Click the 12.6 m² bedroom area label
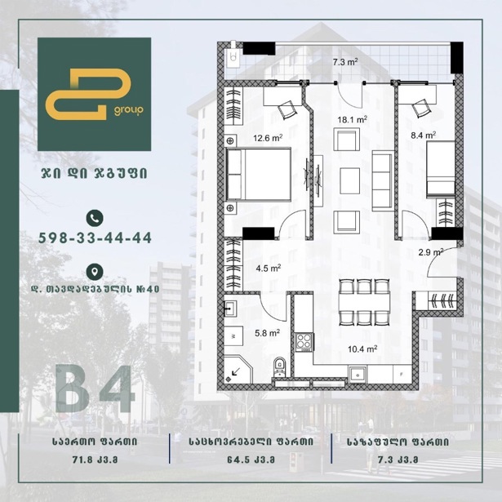pyautogui.click(x=268, y=138)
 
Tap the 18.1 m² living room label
pyautogui.click(x=352, y=120)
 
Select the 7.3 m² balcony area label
pyautogui.click(x=344, y=62)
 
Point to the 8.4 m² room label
pyautogui.click(x=424, y=135)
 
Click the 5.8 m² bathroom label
pyautogui.click(x=268, y=333)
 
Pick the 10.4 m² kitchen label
pyautogui.click(x=362, y=349)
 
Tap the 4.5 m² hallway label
pyautogui.click(x=269, y=269)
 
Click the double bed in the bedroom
pyautogui.click(x=259, y=174)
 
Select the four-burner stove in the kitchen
pyautogui.click(x=304, y=342)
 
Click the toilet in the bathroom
pyautogui.click(x=279, y=367)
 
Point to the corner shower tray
pyautogui.click(x=238, y=370)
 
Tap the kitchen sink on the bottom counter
pyautogui.click(x=358, y=374)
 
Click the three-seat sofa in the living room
pyautogui.click(x=383, y=181)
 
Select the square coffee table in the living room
pyautogui.click(x=349, y=181)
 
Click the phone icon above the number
pyautogui.click(x=95, y=218)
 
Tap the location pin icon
pyautogui.click(x=95, y=272)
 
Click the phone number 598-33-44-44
pyautogui.click(x=95, y=238)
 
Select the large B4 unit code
pyautogui.click(x=95, y=389)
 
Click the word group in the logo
pyautogui.click(x=128, y=111)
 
